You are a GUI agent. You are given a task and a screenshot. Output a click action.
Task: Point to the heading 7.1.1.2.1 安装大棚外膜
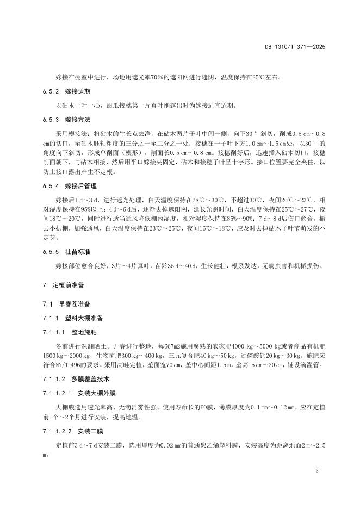pos(80,392)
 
